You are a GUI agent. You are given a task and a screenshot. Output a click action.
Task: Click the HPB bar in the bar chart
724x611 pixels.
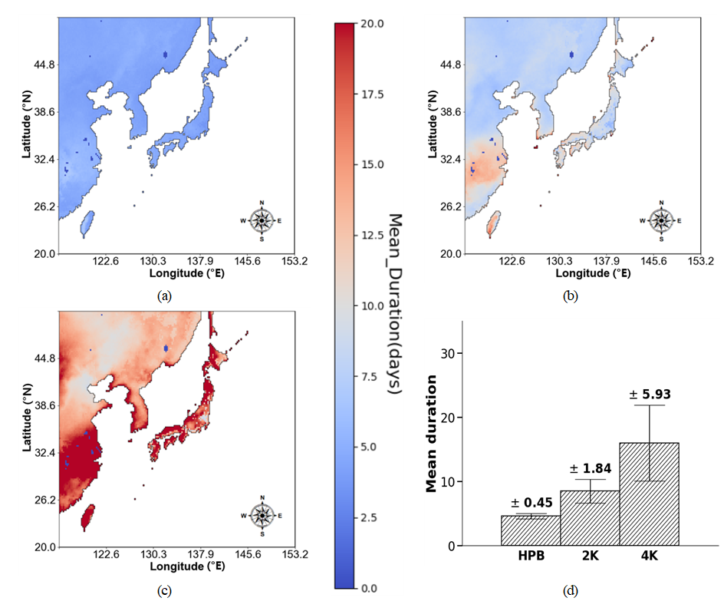pyautogui.click(x=531, y=530)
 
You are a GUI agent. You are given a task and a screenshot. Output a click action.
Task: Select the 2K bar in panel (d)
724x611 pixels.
pyautogui.click(x=590, y=518)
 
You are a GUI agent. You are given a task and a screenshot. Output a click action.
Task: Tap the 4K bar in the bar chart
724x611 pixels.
pyautogui.click(x=649, y=494)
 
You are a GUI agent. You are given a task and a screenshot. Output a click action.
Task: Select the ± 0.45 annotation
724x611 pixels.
pyautogui.click(x=531, y=503)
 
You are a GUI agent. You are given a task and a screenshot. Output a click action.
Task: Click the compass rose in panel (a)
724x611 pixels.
pyautogui.click(x=262, y=220)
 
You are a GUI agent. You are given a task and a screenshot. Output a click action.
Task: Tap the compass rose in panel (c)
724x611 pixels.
pyautogui.click(x=262, y=515)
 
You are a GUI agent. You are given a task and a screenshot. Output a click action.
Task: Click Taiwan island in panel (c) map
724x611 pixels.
pyautogui.click(x=88, y=516)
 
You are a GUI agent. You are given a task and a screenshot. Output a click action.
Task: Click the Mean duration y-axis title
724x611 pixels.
pyautogui.click(x=432, y=433)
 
